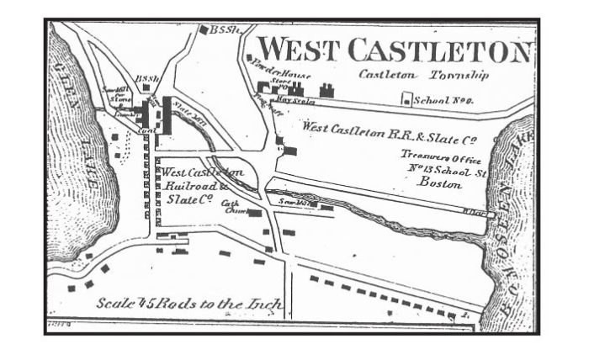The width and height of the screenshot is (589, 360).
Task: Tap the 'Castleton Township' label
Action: (x=423, y=75)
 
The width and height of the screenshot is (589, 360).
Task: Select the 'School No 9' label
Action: (x=447, y=100)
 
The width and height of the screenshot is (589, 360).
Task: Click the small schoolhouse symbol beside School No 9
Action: (x=408, y=99)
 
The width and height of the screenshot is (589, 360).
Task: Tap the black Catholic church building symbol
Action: (x=253, y=213)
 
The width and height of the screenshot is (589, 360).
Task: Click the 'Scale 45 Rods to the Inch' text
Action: (x=188, y=304)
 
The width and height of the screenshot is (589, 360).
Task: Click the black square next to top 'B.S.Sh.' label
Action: (x=203, y=30)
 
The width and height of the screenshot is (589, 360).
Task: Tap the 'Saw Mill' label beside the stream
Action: (x=301, y=202)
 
